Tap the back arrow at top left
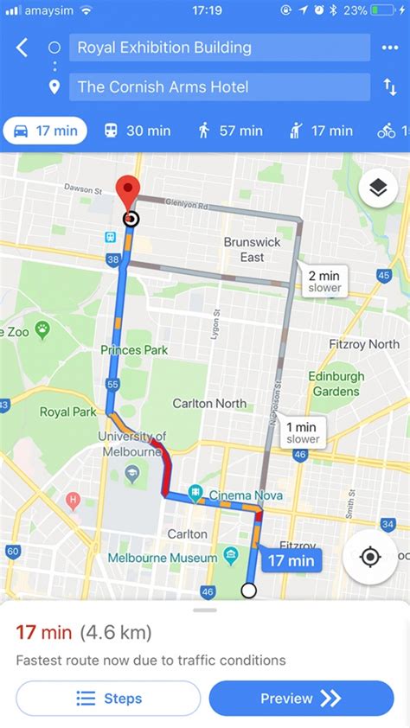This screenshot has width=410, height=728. point(22,48)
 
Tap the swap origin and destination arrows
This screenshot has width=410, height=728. point(389,86)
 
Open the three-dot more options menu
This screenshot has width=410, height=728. point(388,48)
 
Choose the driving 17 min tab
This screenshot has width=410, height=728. point(45,131)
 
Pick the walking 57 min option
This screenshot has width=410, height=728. point(229,131)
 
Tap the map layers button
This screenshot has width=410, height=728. point(378,188)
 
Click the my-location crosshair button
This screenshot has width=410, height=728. point(369,557)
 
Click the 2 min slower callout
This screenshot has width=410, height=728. point(324,281)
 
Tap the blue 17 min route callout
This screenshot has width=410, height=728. point(290,560)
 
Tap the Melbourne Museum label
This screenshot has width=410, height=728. point(163,558)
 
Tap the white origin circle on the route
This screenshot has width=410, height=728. point(248,591)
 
